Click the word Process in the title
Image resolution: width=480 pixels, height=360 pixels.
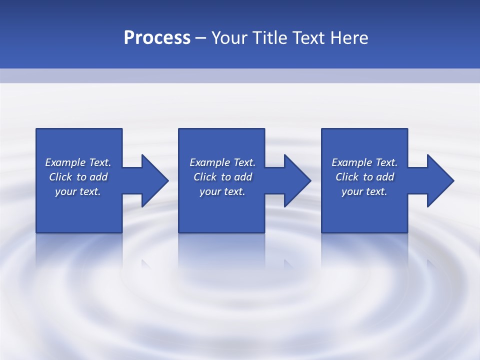(x=157, y=38)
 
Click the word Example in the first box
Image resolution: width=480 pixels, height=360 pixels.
(x=65, y=162)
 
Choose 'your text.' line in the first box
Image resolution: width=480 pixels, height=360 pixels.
(x=78, y=191)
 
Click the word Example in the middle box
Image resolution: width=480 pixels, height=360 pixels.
(x=209, y=162)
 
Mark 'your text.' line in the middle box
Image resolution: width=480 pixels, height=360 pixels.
(x=222, y=191)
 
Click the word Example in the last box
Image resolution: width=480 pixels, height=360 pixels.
(x=351, y=162)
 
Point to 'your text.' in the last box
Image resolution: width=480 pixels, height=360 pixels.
(x=364, y=191)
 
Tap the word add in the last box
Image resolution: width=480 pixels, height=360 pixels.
(x=385, y=177)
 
